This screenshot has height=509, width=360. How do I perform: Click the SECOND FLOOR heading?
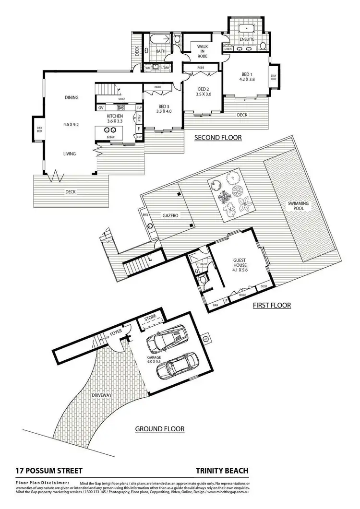[x=217, y=138]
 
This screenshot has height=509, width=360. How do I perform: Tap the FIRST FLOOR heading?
[x=272, y=305]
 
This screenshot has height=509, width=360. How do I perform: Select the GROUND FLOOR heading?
[x=160, y=429]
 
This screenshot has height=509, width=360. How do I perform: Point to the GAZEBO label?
[x=170, y=216]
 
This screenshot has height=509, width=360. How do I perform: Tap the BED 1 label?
[x=247, y=77]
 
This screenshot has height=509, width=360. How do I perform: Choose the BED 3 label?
[x=164, y=109]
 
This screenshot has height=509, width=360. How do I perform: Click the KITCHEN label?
[x=115, y=118]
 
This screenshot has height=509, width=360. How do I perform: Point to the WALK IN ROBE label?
[x=199, y=50]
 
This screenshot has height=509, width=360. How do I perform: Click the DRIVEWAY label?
[x=101, y=395]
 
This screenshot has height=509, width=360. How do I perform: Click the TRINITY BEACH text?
[x=222, y=471]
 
